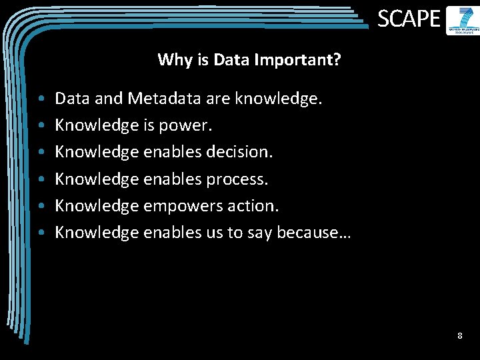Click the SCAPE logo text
[x=409, y=19]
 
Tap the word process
[x=237, y=179]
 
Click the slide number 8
[x=459, y=336]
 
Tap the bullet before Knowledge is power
[x=41, y=126]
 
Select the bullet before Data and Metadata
[x=41, y=99]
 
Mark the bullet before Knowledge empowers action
[x=41, y=206]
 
